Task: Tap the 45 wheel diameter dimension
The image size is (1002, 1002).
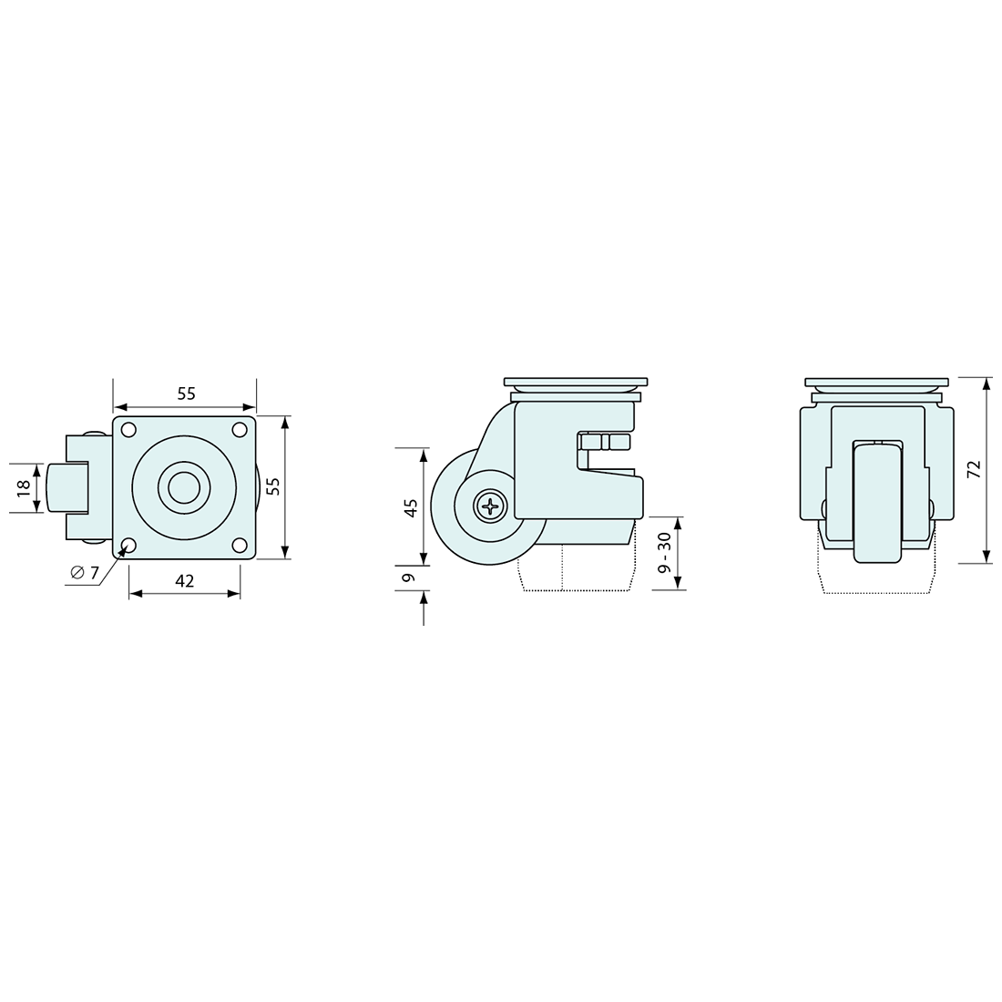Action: pyautogui.click(x=412, y=506)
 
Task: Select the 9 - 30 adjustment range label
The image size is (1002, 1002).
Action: pyautogui.click(x=665, y=552)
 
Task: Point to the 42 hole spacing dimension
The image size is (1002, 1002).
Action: pyautogui.click(x=184, y=581)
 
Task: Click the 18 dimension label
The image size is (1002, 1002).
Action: pyautogui.click(x=24, y=487)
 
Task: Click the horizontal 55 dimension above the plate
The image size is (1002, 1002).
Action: pyautogui.click(x=186, y=394)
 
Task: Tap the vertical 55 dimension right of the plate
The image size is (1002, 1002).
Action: pyautogui.click(x=273, y=487)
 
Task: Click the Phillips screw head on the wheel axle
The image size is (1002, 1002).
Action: pyautogui.click(x=490, y=507)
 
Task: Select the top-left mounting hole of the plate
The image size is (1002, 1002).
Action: pyautogui.click(x=128, y=430)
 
